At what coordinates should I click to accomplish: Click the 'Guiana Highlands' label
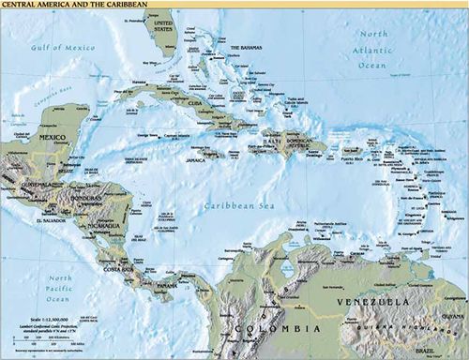(x=394, y=325)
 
